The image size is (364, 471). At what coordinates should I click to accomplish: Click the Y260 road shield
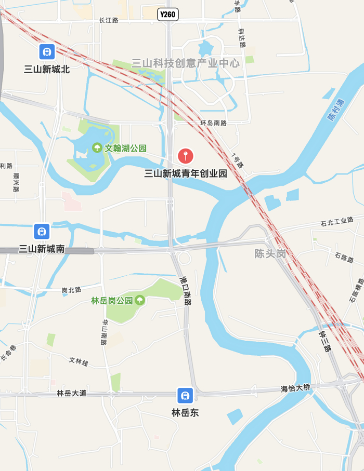[168, 15]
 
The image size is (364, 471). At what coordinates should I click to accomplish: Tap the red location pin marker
[186, 155]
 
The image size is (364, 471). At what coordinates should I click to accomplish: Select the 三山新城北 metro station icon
[47, 51]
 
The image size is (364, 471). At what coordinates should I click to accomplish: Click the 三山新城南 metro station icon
[42, 231]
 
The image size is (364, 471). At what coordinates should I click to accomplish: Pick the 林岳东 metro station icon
[185, 395]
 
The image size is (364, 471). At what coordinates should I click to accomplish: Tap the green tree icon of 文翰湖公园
[97, 148]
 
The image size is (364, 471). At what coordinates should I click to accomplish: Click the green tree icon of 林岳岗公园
[139, 300]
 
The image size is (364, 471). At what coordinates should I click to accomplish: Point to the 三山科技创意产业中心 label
[186, 63]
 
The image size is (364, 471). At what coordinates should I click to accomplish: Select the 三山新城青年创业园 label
[186, 173]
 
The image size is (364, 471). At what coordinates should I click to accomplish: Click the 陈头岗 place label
[270, 254]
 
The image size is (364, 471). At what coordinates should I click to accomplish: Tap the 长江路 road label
[109, 20]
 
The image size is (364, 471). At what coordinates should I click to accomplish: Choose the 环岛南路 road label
[214, 123]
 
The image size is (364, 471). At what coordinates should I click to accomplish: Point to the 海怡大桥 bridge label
[295, 388]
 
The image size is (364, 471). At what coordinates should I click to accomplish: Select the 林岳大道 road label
[72, 393]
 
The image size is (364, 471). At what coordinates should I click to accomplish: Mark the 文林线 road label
[79, 360]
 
